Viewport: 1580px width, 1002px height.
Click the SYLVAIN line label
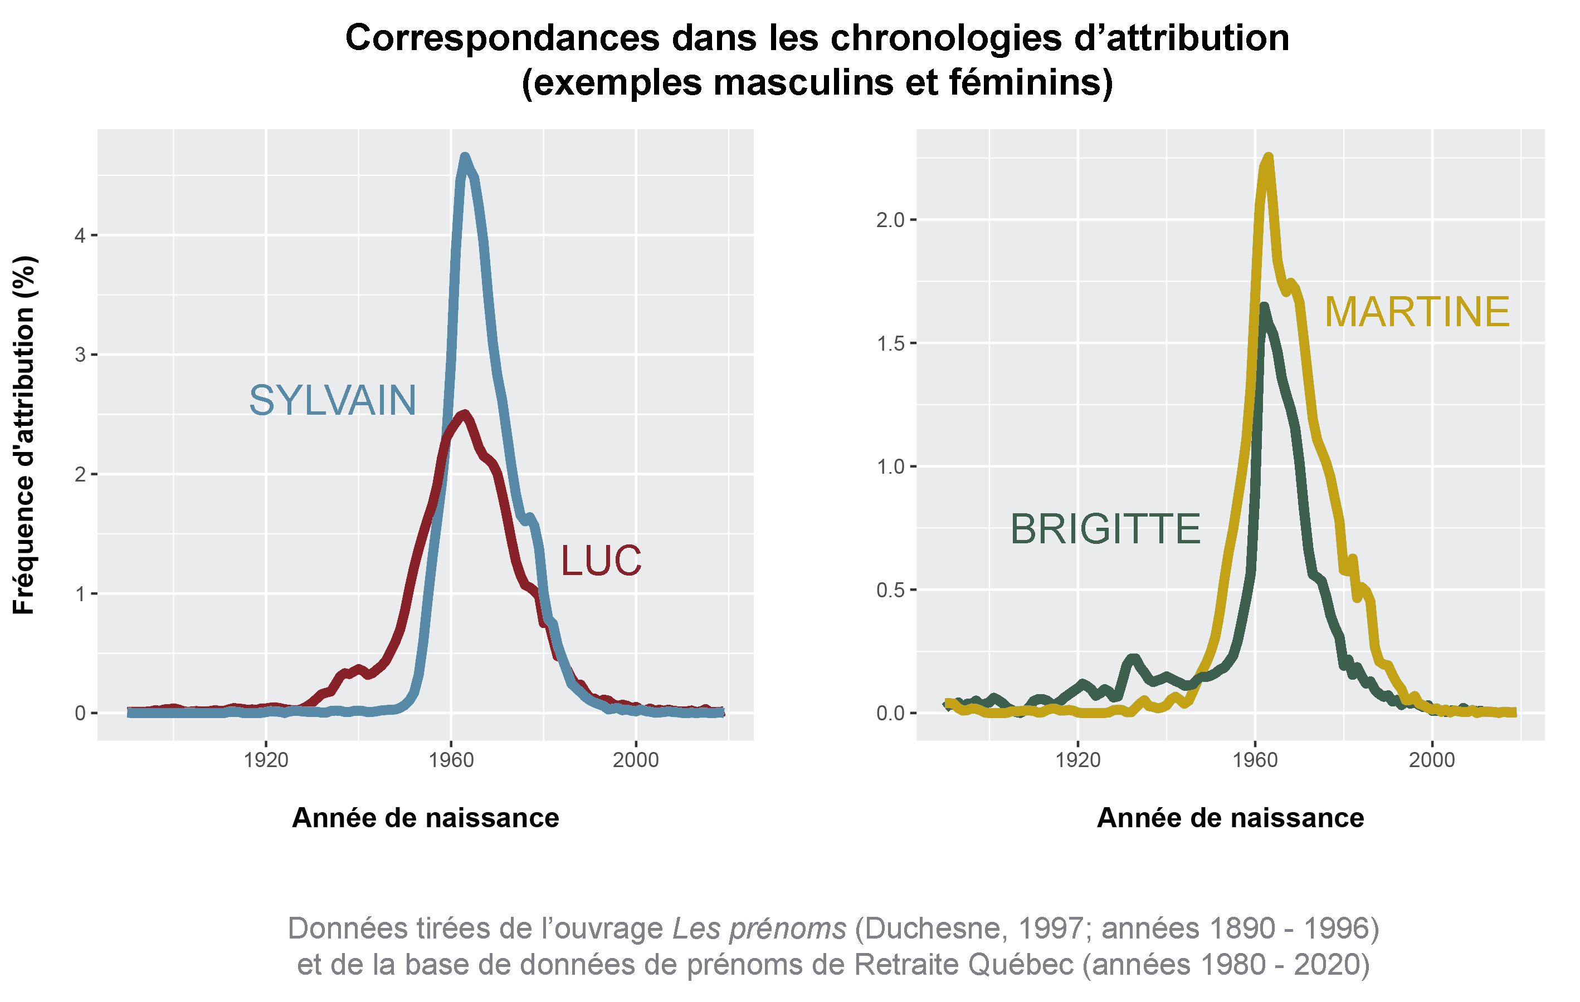click(x=333, y=401)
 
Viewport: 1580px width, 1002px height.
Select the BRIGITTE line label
click(x=1105, y=529)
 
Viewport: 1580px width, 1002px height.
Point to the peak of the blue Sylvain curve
click(x=465, y=157)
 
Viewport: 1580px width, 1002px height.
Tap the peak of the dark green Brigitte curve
click(x=1264, y=306)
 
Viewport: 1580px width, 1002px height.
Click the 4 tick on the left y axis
click(x=80, y=235)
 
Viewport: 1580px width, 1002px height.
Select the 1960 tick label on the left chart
click(x=451, y=760)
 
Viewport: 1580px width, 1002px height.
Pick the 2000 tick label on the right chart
click(x=1432, y=760)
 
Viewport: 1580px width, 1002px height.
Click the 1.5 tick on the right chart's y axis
click(x=890, y=343)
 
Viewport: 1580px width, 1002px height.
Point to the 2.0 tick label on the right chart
click(x=890, y=220)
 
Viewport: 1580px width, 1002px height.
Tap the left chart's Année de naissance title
click(x=425, y=818)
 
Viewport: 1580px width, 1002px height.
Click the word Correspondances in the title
click(x=502, y=38)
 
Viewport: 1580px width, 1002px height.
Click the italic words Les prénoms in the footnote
click(x=759, y=929)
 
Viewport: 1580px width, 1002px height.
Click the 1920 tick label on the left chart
click(x=266, y=760)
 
